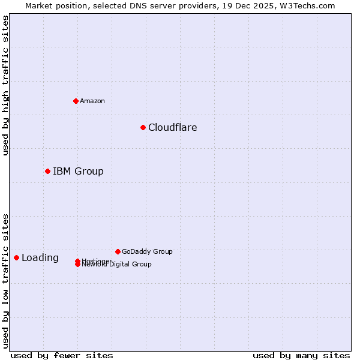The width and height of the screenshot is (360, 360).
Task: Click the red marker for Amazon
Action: point(76,101)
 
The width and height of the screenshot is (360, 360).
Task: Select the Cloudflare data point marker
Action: point(143,127)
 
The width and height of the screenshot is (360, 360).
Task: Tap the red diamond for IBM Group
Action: point(47,171)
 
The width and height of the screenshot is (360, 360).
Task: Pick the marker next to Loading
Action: point(16,257)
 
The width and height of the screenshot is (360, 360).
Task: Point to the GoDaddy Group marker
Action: point(118,251)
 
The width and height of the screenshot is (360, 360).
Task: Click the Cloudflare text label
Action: point(172,127)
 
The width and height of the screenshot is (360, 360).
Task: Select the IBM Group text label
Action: point(78,171)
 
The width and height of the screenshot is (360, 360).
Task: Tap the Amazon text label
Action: point(92,101)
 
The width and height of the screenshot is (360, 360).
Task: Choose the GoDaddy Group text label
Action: point(147,251)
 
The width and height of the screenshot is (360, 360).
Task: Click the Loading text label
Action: point(40,258)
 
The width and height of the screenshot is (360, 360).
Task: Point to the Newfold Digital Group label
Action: point(117,265)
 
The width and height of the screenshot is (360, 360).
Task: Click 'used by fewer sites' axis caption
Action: point(62,355)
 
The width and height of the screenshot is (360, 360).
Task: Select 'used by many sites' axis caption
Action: point(301,355)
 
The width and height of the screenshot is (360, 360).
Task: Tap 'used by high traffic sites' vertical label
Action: point(5,86)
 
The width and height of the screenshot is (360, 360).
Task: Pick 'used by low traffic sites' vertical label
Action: point(5,280)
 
